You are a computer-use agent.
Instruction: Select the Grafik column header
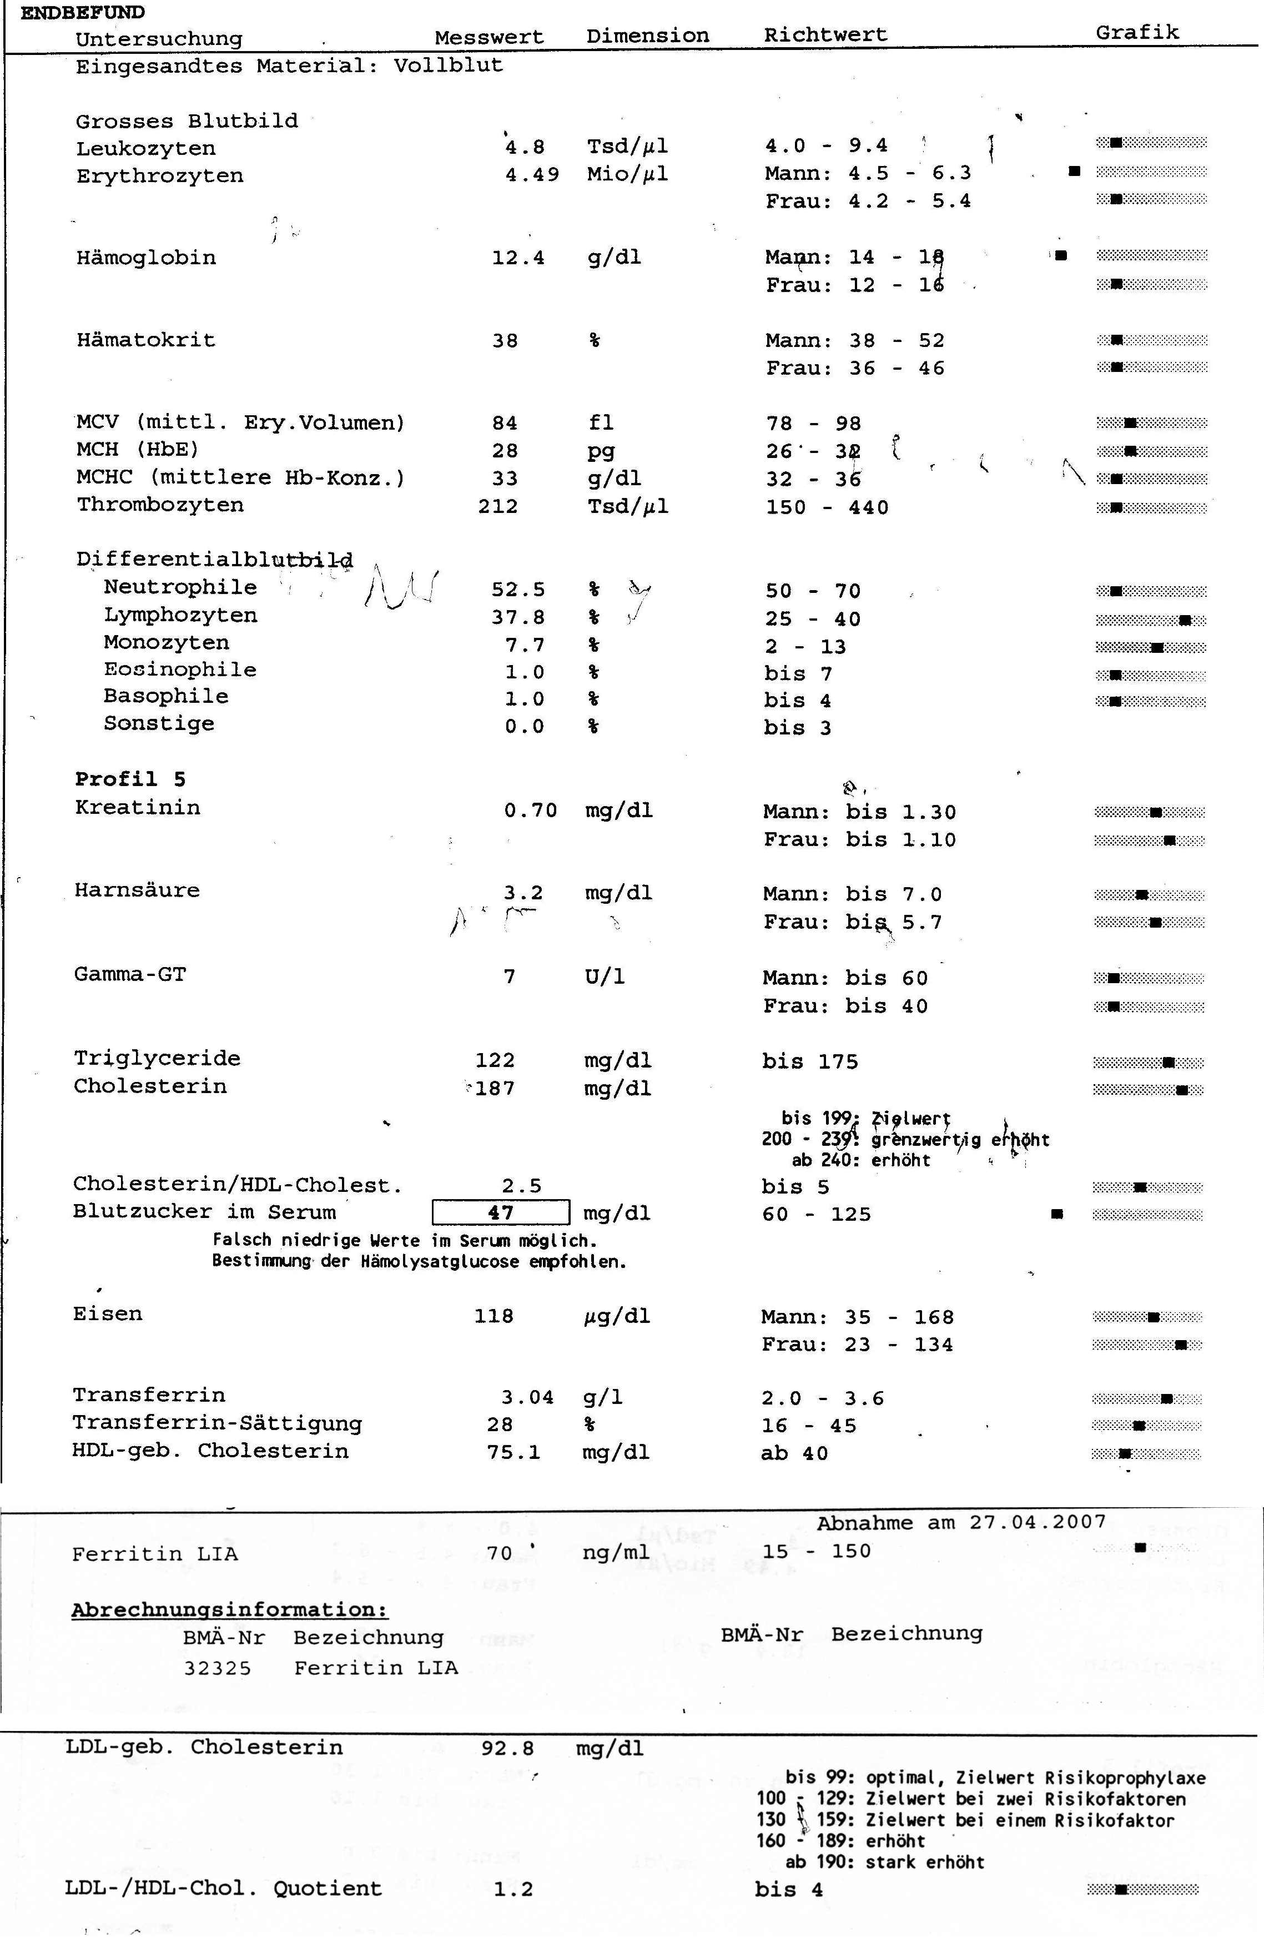point(1137,33)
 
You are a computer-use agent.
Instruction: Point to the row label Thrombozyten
point(160,505)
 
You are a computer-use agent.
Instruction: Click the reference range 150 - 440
point(827,507)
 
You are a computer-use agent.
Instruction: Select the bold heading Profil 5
point(130,779)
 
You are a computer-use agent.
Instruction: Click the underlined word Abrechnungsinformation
point(229,1610)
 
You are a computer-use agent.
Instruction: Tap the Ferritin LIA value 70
point(499,1552)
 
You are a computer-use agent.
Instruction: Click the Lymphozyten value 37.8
point(518,618)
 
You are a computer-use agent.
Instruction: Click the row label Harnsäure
point(137,890)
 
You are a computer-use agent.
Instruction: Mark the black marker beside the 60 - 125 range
point(1056,1214)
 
